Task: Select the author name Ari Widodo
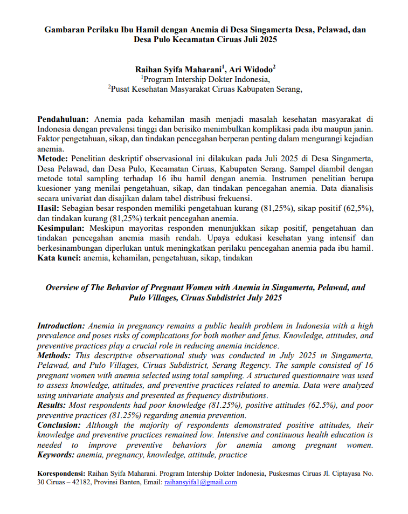[x=251, y=69]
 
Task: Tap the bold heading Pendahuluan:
[x=64, y=119]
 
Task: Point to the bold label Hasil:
[x=49, y=208]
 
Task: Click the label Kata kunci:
[x=59, y=258]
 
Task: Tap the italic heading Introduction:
[x=61, y=326]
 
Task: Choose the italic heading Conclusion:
[x=59, y=426]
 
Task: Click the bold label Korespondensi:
[x=61, y=473]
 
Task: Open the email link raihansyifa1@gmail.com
[x=200, y=482]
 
